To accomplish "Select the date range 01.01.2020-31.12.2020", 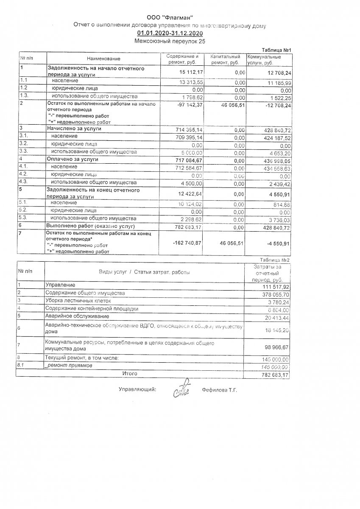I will click(170, 34).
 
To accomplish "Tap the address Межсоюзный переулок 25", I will click(170, 41).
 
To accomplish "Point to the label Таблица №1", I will click(276, 50).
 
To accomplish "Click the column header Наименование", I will click(103, 59).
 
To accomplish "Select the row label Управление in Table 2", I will click(60, 284).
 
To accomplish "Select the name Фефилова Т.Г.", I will click(219, 389).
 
